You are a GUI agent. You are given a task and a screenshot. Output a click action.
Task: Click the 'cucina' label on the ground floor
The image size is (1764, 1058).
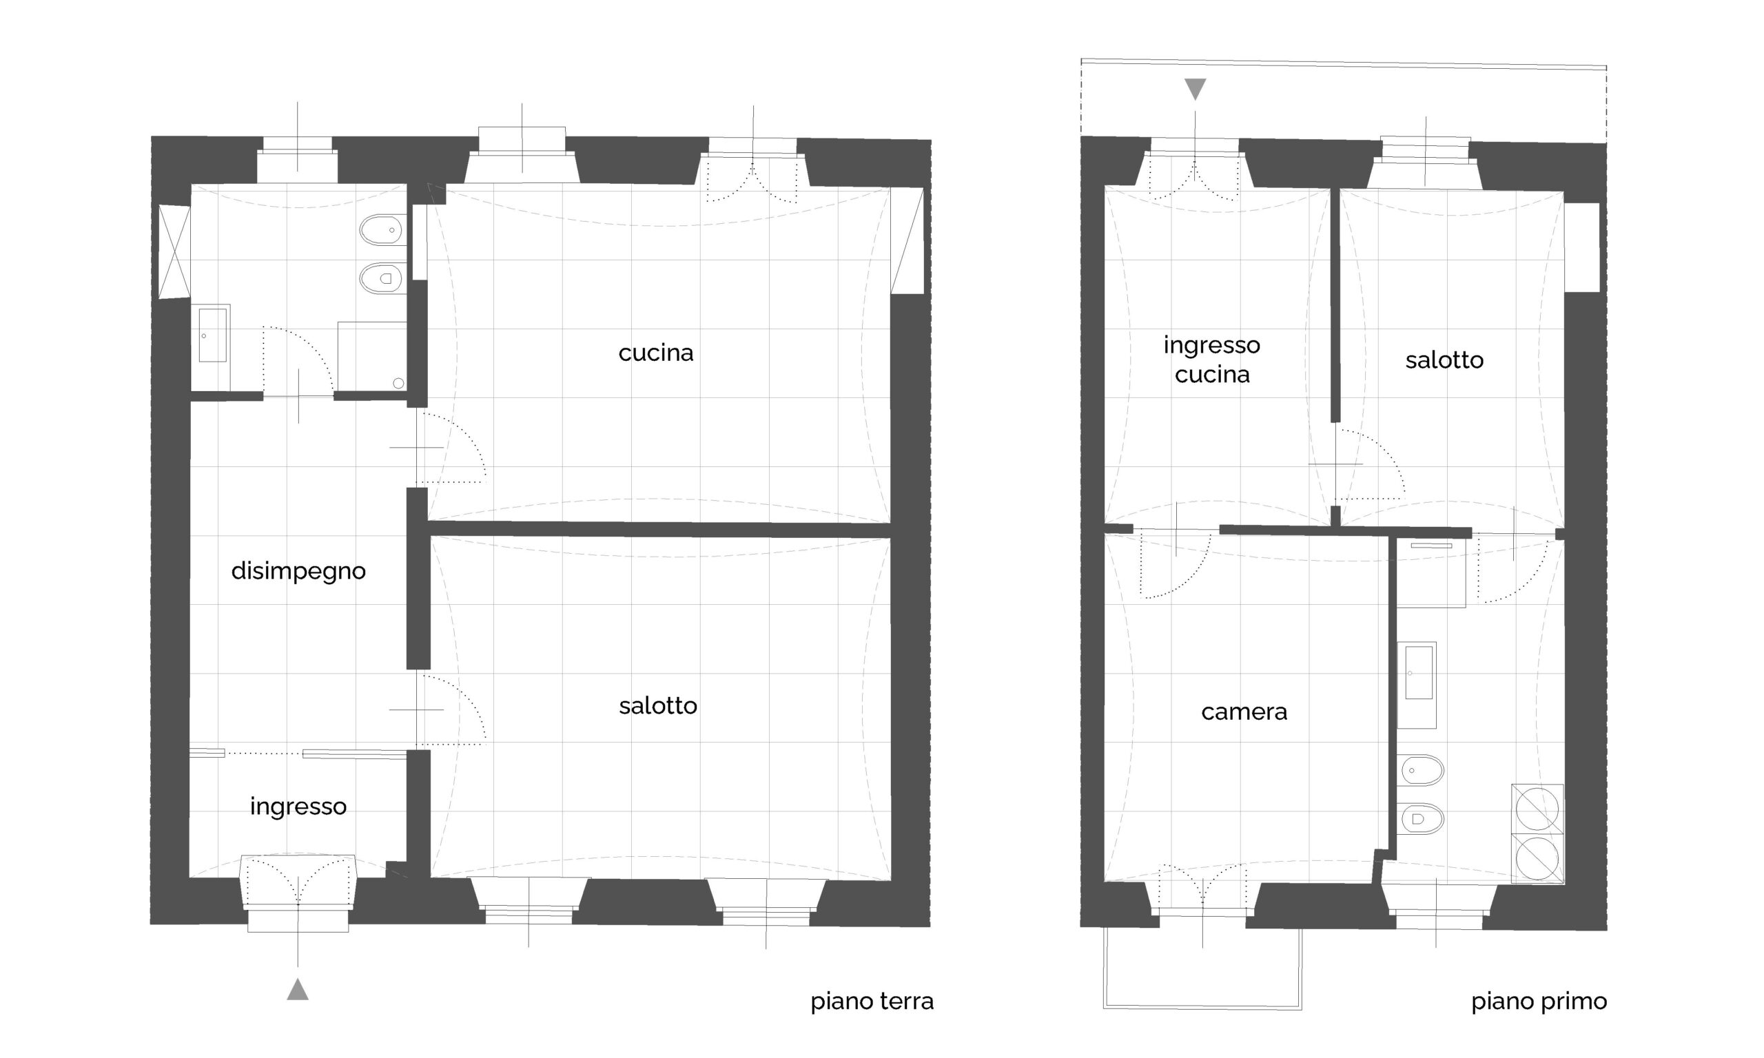pyautogui.click(x=655, y=353)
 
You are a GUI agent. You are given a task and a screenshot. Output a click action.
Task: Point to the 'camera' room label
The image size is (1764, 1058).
pyautogui.click(x=1244, y=712)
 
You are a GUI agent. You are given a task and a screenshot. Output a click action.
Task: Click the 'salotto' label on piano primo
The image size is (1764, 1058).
pyautogui.click(x=1444, y=360)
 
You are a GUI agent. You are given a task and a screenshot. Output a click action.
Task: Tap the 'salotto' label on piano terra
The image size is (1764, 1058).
pyautogui.click(x=657, y=706)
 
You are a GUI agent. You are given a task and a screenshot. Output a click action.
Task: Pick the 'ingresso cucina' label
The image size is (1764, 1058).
pyautogui.click(x=1212, y=360)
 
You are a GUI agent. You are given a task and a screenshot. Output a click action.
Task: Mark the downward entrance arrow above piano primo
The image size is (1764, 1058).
pyautogui.click(x=1195, y=89)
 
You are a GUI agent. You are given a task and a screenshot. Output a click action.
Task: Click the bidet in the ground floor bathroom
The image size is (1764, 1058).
pyautogui.click(x=383, y=230)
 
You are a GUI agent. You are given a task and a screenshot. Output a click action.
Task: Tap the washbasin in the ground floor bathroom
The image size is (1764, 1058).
pyautogui.click(x=212, y=334)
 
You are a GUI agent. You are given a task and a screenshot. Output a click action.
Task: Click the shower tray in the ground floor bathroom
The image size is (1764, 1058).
pyautogui.click(x=371, y=357)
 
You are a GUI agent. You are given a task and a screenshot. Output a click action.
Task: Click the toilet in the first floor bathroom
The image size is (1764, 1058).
pyautogui.click(x=1422, y=819)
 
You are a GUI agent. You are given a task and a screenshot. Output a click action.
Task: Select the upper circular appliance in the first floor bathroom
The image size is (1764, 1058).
pyautogui.click(x=1537, y=809)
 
